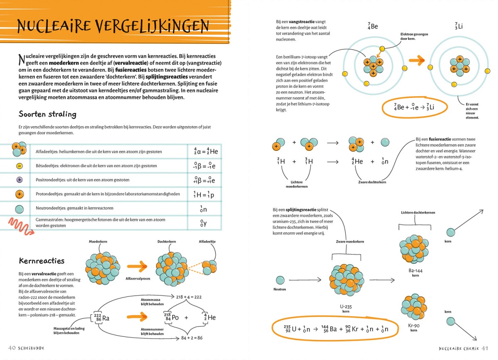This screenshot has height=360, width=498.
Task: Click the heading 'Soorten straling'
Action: [x=47, y=114]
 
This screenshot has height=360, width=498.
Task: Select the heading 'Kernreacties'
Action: [x=41, y=261]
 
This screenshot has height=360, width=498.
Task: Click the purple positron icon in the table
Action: [x=19, y=180]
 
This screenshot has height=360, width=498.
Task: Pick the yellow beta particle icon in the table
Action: [x=19, y=166]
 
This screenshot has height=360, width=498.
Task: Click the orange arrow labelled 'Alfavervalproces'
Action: [x=137, y=267]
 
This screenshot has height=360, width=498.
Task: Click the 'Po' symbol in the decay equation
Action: [x=176, y=318]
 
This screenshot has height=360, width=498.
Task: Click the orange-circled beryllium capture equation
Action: [x=414, y=107]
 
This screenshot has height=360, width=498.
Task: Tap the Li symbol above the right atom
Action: [x=459, y=27]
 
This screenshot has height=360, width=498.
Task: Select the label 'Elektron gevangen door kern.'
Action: [x=414, y=36]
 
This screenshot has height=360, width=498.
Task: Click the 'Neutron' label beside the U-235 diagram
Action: [x=280, y=289]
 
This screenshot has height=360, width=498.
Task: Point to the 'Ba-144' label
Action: [x=413, y=271]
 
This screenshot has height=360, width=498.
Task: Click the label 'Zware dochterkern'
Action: [x=371, y=182]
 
